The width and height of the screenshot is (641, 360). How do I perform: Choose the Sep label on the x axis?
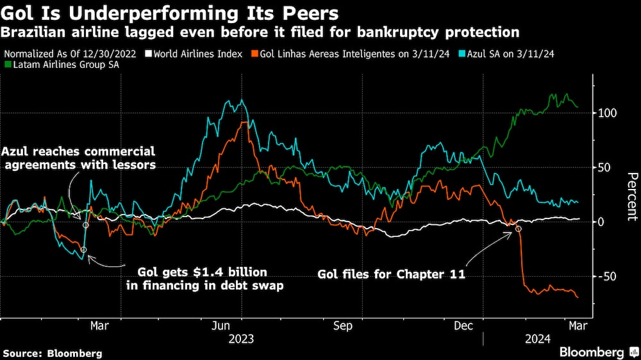(x=343, y=326)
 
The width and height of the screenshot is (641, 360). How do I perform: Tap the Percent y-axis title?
(x=632, y=195)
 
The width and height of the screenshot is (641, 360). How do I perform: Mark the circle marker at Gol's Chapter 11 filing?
(x=519, y=229)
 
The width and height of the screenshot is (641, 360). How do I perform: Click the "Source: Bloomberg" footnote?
(x=53, y=353)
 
